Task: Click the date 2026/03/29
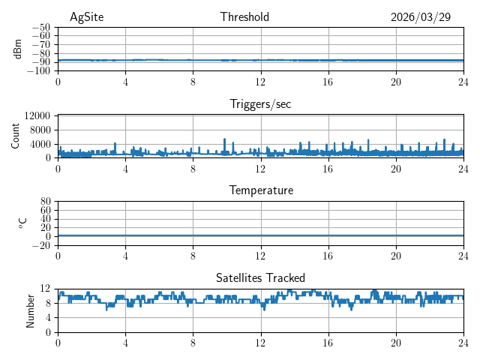[421, 17]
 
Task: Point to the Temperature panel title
[260, 190]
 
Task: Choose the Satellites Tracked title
[260, 277]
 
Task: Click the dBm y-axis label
[18, 49]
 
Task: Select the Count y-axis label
[16, 136]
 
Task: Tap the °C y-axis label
[22, 223]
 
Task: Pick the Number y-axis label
[31, 310]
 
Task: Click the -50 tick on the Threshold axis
[41, 27]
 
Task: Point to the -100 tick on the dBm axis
[39, 71]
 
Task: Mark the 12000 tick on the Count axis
[37, 115]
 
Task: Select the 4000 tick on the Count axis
[40, 144]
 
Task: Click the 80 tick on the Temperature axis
[46, 202]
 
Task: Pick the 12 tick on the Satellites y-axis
[46, 289]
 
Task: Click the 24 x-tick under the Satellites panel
[463, 343]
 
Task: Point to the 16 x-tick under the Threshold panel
[328, 82]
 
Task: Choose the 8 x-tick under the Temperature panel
[193, 256]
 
